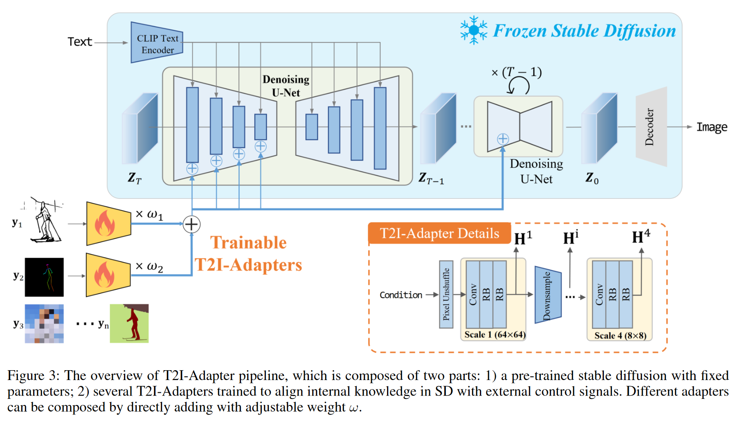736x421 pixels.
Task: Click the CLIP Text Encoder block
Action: [x=157, y=43]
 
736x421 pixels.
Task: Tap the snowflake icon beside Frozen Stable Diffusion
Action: [x=473, y=30]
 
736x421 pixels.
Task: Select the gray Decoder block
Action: [x=651, y=127]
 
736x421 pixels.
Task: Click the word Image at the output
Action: [x=712, y=127]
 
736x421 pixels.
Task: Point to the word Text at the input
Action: [x=80, y=42]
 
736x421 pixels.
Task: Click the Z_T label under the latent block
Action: [x=134, y=178]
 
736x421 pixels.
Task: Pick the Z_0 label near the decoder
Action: [x=592, y=178]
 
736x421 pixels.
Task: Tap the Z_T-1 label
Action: [x=431, y=179]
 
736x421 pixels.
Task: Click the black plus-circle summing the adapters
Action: [x=191, y=224]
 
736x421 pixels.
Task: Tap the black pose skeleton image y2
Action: [x=44, y=277]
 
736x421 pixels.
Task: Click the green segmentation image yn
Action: [x=129, y=324]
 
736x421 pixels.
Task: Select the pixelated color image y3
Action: [x=44, y=324]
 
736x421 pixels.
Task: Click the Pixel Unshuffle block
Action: [x=446, y=294]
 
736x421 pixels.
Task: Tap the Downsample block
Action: [x=548, y=295]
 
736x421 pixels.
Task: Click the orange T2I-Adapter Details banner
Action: [x=439, y=233]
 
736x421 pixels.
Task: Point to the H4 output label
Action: [x=641, y=237]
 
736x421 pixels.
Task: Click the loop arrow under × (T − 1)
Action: [x=518, y=86]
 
